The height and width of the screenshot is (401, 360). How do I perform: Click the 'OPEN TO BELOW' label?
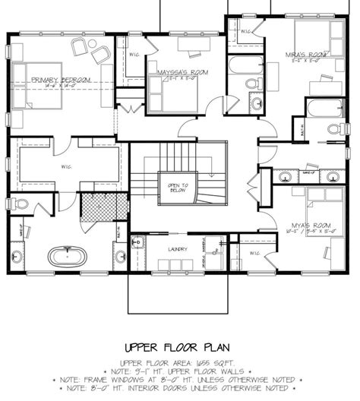(x=178, y=188)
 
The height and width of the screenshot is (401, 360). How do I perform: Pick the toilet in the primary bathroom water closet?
(x=21, y=204)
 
